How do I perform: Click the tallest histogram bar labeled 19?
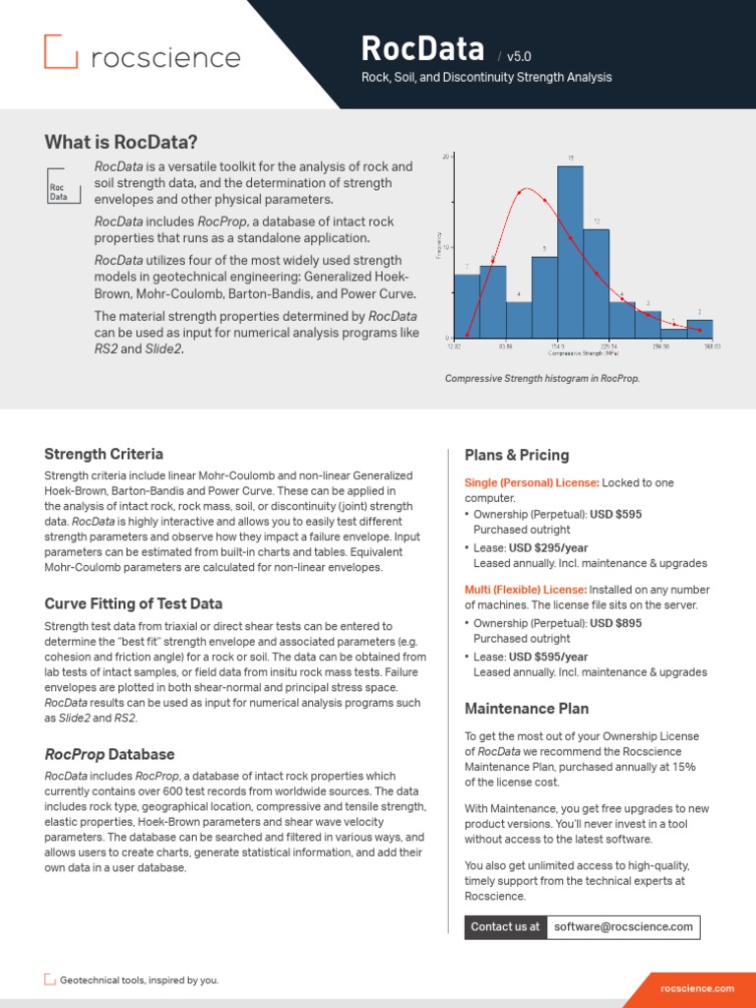click(570, 252)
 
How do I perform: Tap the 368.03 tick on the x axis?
click(711, 346)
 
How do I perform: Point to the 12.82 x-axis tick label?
click(454, 346)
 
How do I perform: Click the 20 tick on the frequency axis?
click(446, 157)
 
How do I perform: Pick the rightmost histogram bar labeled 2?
click(700, 329)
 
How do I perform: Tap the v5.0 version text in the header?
click(519, 57)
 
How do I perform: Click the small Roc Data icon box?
click(58, 187)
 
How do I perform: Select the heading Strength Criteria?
click(103, 454)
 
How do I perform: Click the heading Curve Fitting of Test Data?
click(133, 603)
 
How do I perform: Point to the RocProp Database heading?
click(109, 754)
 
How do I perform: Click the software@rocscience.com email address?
click(623, 926)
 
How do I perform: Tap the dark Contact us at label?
click(505, 926)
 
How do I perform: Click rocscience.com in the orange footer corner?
click(697, 987)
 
